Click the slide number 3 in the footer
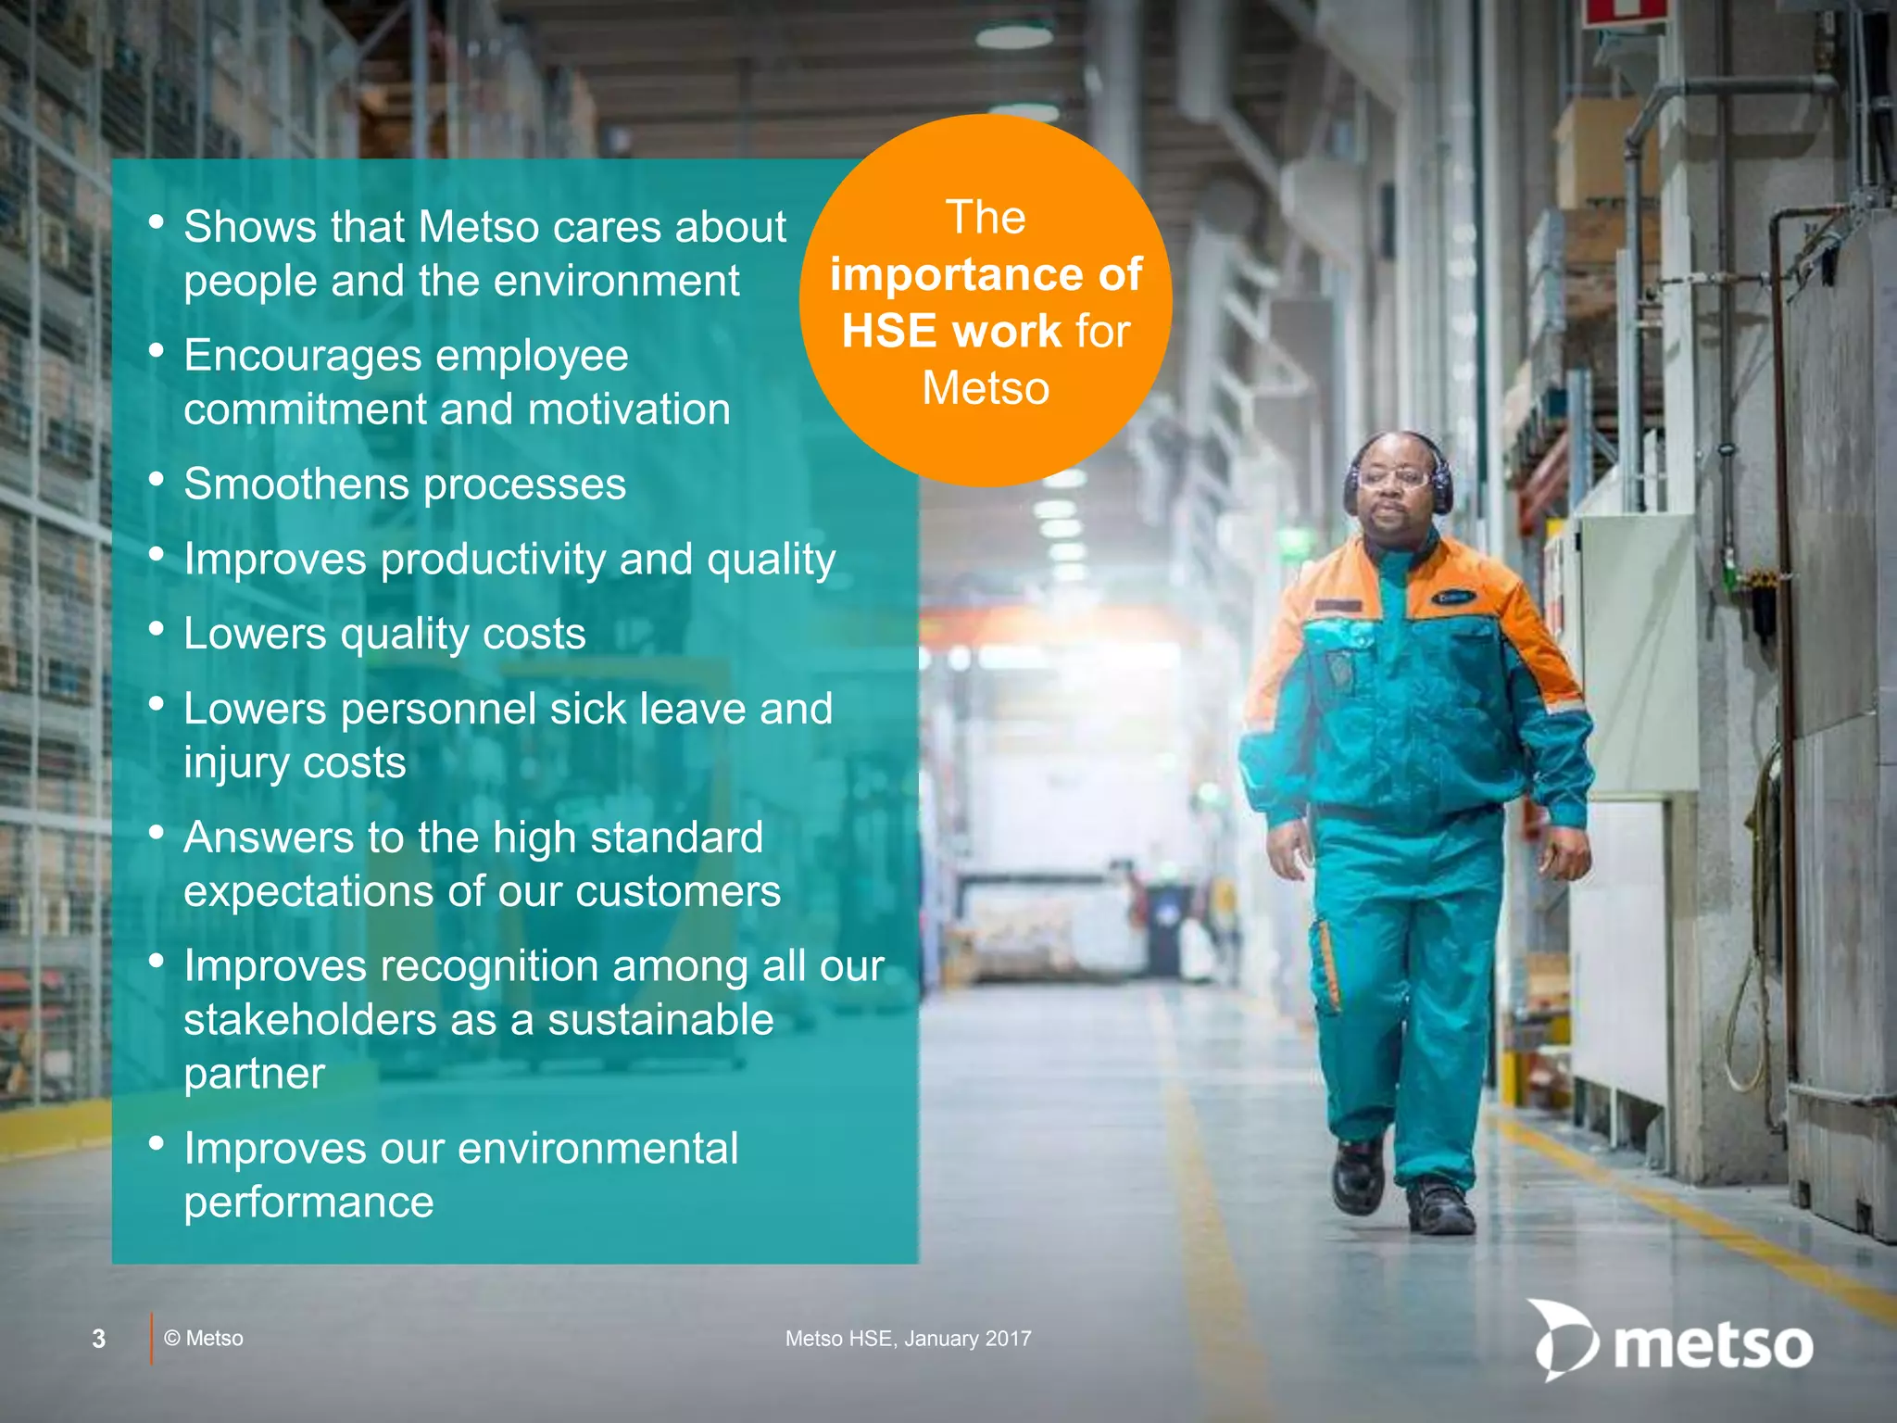point(98,1339)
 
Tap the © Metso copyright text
point(204,1339)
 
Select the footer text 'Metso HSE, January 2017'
point(908,1339)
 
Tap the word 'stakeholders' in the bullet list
point(309,1020)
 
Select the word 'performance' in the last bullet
point(308,1203)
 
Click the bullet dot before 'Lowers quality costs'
point(157,629)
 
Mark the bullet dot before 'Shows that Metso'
point(157,222)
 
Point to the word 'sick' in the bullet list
point(588,709)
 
